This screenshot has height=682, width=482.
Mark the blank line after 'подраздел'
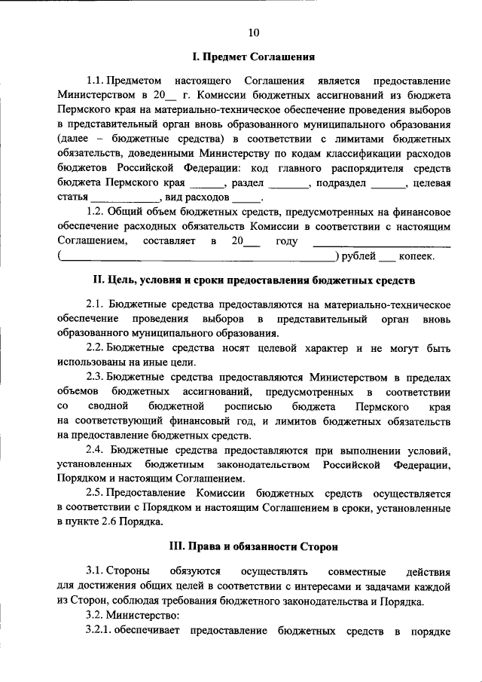[x=388, y=183]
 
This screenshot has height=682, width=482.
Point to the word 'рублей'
[x=359, y=257]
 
